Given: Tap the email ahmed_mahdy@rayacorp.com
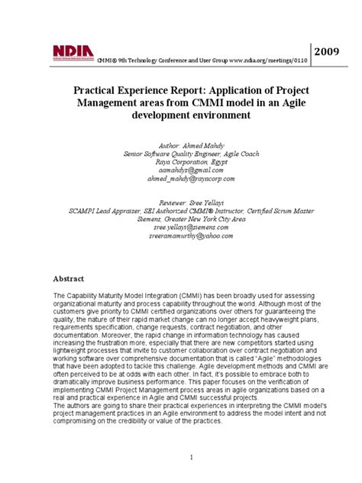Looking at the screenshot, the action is [180, 178].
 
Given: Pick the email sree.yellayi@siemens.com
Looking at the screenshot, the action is [180, 227].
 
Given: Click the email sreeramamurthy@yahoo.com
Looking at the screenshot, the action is [180, 235].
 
